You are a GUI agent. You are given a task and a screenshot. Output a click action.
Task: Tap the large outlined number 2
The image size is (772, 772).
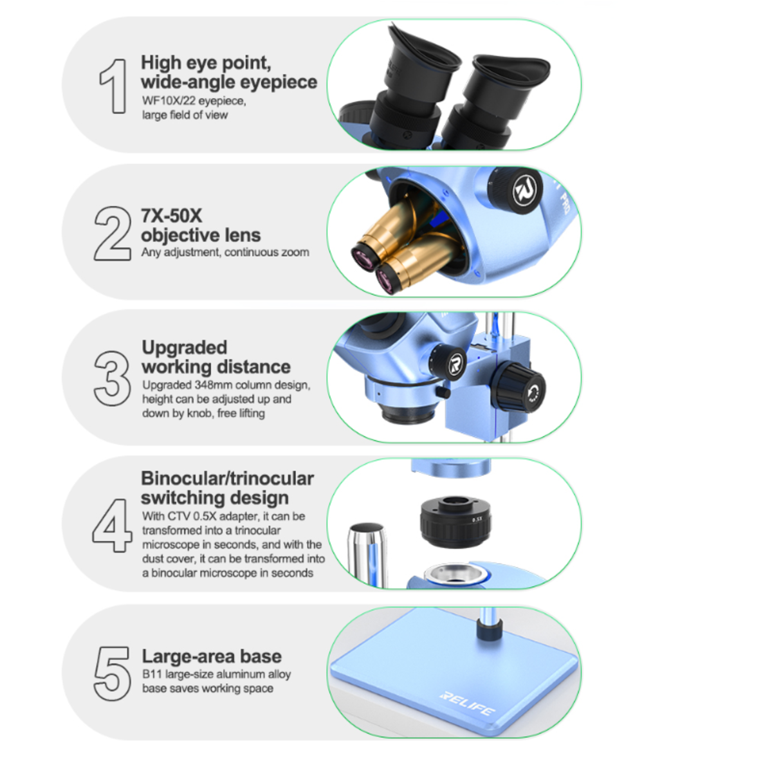click(113, 234)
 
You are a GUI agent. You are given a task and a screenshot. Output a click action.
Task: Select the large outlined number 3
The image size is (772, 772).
click(112, 378)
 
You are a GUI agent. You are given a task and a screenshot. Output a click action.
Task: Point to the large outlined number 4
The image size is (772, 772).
click(112, 525)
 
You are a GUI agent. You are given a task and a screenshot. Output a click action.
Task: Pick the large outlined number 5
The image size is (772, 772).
click(112, 674)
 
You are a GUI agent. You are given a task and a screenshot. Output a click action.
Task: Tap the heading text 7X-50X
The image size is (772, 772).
click(172, 216)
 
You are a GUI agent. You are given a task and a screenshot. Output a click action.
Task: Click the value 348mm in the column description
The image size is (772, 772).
click(210, 385)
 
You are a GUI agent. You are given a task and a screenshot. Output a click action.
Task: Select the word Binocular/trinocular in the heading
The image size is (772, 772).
click(228, 479)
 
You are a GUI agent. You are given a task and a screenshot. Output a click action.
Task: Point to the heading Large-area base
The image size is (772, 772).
click(212, 656)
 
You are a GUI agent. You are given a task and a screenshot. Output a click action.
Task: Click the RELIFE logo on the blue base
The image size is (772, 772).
click(468, 704)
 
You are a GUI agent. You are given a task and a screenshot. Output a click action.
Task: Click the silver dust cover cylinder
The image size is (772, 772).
click(367, 555)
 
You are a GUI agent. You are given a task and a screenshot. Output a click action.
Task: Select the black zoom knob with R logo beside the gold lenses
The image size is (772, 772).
click(515, 189)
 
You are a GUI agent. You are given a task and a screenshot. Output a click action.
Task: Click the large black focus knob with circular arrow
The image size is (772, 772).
click(519, 387)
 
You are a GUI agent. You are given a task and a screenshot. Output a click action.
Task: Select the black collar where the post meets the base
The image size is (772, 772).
click(489, 631)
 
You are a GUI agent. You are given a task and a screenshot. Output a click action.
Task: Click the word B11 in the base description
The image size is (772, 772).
click(152, 674)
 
